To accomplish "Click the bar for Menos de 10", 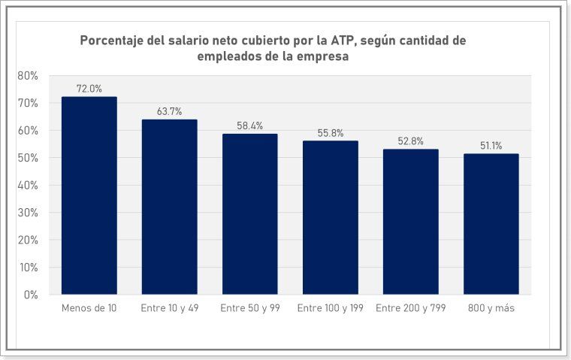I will pos(89,195).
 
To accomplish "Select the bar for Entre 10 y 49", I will pos(169,207).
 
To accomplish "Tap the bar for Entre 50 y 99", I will pos(249,214).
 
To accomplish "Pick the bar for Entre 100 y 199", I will pos(330,217).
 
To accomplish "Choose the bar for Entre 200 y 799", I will pos(410,222).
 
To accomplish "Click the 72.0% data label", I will pos(89,89).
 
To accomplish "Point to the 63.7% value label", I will pos(169,111).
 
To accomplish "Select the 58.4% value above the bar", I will pos(249,126).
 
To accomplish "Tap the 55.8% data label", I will pos(330,133).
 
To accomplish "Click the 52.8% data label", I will pos(410,141).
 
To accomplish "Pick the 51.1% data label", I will pos(491,146).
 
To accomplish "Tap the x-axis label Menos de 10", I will pos(89,309).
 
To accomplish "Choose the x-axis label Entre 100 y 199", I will pos(330,309).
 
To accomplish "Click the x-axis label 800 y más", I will pos(491,309).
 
